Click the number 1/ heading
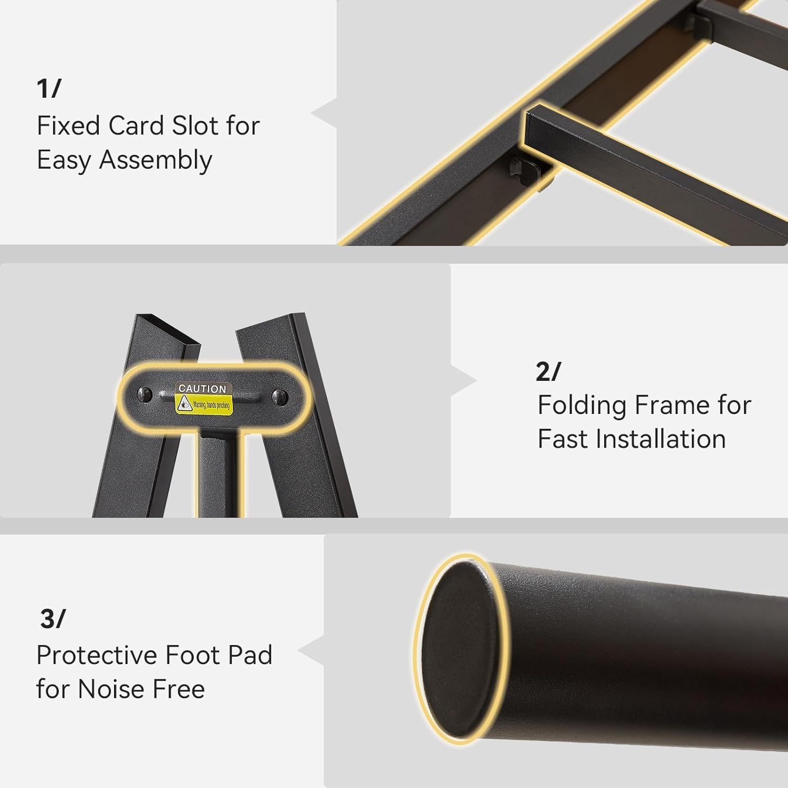coord(49,88)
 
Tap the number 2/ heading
coord(548,371)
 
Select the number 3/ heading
coord(53,619)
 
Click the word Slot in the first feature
coord(192,126)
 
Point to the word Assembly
coord(155,161)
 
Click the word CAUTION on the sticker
coord(202,389)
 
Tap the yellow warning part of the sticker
coord(204,405)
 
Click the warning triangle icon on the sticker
coord(184,403)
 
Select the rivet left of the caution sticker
coord(144,394)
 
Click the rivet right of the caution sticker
coord(280,397)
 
